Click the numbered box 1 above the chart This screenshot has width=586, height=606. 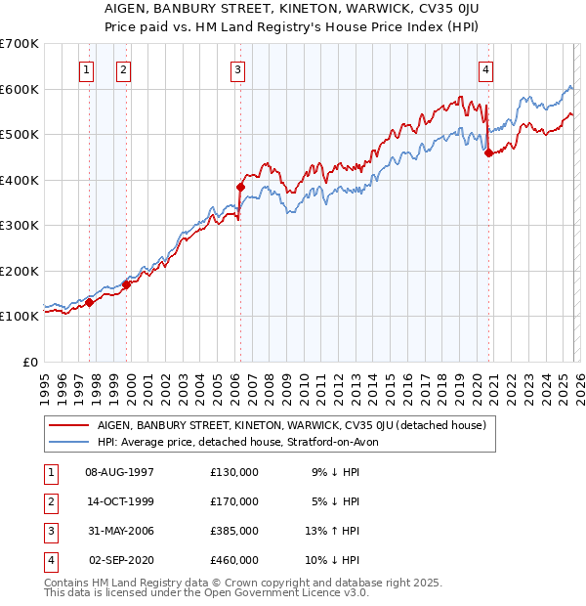[88, 69]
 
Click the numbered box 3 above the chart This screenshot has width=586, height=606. [238, 69]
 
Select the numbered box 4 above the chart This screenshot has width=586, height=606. [485, 69]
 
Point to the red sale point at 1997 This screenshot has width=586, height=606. [89, 302]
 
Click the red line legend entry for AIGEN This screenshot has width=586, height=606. [284, 425]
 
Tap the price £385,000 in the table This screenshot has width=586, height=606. [233, 531]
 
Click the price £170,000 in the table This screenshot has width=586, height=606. [233, 501]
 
